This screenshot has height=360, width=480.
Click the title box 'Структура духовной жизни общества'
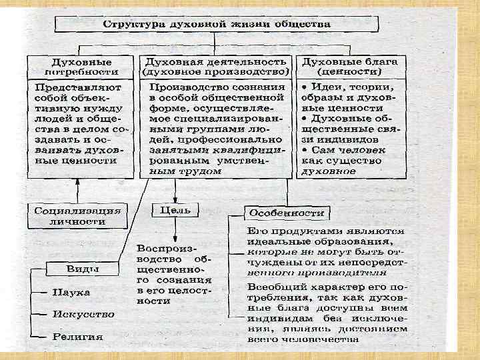[216, 24]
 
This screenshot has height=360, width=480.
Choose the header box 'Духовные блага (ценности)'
[349, 65]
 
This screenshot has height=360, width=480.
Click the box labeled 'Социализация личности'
[77, 215]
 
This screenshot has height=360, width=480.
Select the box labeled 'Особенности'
[287, 213]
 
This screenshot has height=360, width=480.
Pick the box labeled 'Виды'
[83, 269]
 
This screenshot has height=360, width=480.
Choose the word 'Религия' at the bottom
[79, 336]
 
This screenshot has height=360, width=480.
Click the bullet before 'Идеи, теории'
[303, 87]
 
